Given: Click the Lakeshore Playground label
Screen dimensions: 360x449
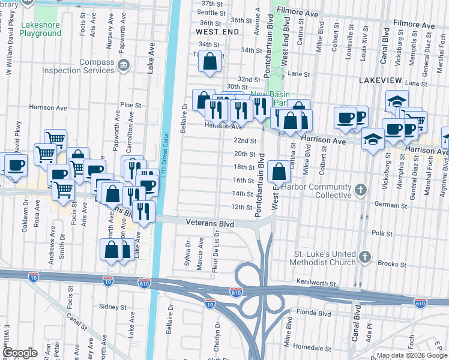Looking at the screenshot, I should pos(41,29).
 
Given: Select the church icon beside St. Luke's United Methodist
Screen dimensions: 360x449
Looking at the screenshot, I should pos(364,257).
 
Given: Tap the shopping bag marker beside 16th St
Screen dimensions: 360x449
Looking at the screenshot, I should pos(280,173).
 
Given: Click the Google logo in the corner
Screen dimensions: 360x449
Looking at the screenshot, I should pos(20,352).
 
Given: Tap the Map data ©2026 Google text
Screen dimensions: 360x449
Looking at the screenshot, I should pos(411,355).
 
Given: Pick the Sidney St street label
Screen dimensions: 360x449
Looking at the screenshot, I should pos(112,307).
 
